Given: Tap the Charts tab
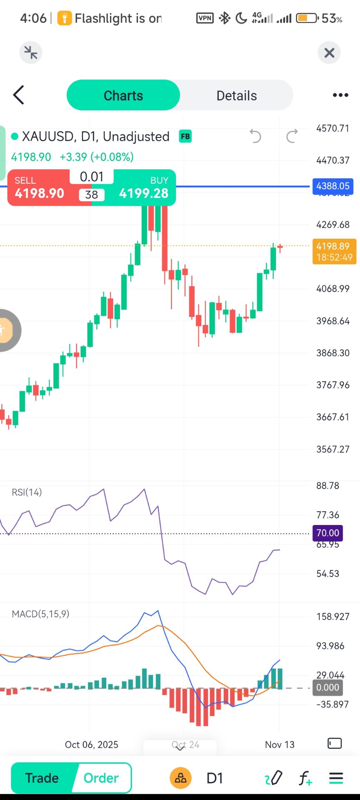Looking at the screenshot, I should (123, 95).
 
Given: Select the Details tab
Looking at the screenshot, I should (236, 95).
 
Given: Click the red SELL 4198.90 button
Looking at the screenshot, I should (40, 188).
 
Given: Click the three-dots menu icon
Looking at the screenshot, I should (340, 95).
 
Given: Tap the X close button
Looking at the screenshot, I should (329, 53).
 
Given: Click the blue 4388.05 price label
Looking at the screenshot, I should (332, 186).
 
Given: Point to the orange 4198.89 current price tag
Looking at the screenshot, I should (334, 251).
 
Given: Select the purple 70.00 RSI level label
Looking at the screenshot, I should (327, 533).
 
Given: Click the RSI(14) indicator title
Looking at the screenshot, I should (27, 492).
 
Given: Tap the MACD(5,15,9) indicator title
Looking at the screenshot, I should (40, 614).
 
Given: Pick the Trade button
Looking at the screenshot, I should (42, 778).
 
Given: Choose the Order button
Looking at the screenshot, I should (101, 778).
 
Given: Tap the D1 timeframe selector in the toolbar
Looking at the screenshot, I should (215, 778).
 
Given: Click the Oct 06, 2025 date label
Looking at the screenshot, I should (91, 745).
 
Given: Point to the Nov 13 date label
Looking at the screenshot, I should (280, 745).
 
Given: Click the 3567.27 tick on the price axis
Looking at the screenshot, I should (332, 449).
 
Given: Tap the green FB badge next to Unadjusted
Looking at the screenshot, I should (185, 136).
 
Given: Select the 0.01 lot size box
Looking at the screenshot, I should (92, 177).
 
